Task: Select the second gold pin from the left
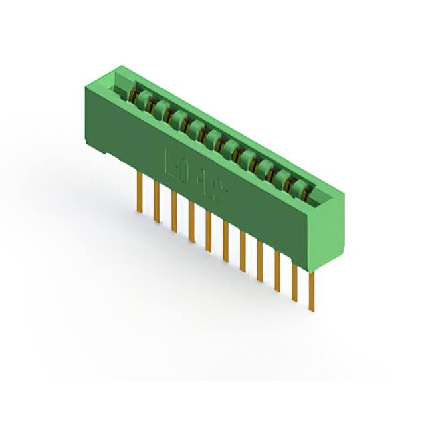156,201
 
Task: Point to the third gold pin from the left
174,211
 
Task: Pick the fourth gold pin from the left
191,221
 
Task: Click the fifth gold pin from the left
208,231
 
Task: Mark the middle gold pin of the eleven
225,241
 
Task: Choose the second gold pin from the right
294,281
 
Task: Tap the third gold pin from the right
277,271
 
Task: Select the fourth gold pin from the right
259,261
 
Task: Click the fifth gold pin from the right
243,251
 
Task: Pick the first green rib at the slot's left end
142,98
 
